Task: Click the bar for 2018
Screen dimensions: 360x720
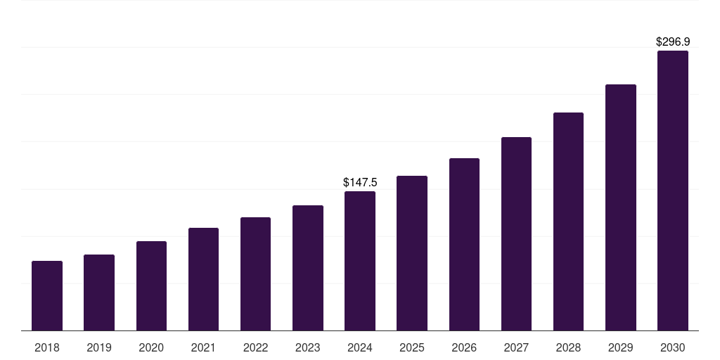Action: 47,295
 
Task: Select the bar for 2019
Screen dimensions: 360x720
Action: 99,292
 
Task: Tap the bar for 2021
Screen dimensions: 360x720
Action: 203,279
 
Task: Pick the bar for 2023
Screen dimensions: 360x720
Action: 308,268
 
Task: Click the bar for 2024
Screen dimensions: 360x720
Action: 360,261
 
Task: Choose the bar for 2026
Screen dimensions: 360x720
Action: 464,244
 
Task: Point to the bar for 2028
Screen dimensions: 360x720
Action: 568,221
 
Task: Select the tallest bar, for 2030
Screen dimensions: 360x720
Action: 672,191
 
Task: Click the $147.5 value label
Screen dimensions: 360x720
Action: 360,182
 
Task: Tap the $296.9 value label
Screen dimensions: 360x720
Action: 672,42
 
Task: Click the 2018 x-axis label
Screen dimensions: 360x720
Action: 47,347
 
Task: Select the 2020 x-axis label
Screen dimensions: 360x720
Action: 151,347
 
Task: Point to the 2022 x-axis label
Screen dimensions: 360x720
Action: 255,347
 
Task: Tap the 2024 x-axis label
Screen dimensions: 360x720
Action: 360,347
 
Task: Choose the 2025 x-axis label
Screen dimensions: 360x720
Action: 412,347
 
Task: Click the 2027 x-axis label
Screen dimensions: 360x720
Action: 516,347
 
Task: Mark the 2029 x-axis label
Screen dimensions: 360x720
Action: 620,347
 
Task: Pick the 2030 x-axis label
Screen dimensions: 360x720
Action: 672,347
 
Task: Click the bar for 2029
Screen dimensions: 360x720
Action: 620,207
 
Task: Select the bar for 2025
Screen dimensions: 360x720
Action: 412,253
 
